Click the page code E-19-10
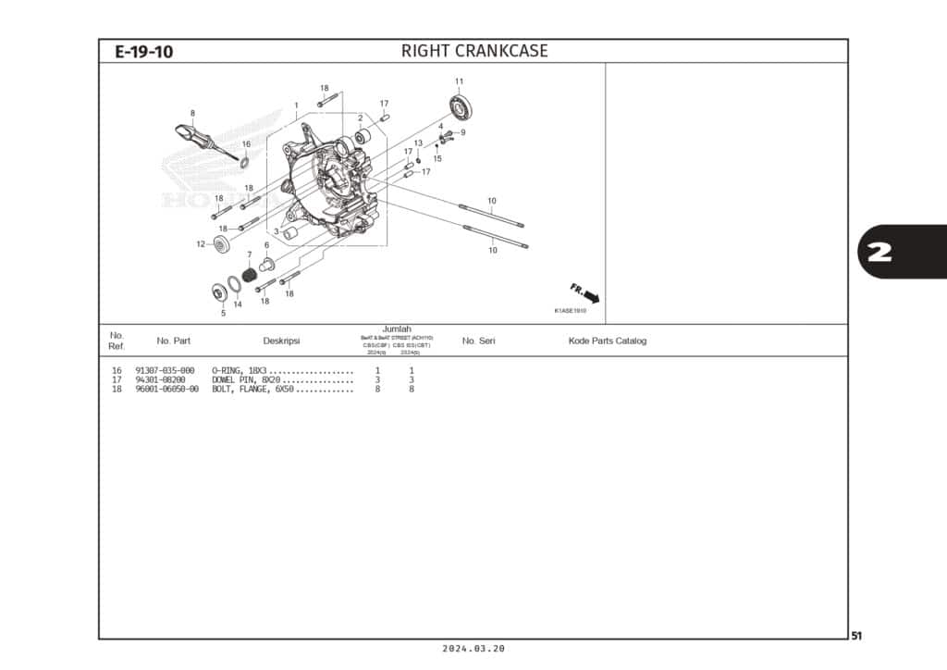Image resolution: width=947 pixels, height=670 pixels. click(143, 52)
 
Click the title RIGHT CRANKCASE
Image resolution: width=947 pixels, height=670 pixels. click(473, 51)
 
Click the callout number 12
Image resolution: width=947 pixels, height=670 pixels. click(201, 244)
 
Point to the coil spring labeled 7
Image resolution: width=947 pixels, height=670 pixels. click(249, 276)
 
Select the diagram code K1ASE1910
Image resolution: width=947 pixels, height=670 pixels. click(570, 311)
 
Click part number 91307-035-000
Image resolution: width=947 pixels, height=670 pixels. click(165, 370)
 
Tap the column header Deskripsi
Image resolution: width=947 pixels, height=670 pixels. click(281, 341)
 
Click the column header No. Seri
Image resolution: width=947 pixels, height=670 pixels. click(478, 341)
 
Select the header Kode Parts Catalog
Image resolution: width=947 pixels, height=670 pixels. click(607, 341)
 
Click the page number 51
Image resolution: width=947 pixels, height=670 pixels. click(856, 636)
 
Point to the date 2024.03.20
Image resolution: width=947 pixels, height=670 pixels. click(473, 649)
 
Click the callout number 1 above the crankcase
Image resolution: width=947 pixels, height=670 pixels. click(296, 105)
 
